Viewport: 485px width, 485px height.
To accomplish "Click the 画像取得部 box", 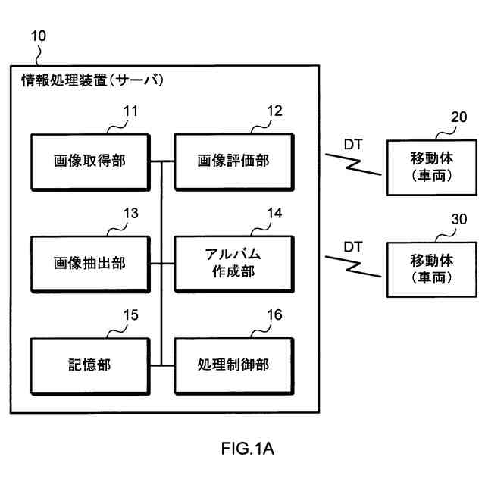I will point(89,161).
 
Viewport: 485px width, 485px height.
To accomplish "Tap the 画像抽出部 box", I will point(89,263).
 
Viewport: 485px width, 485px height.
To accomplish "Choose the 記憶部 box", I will point(89,365).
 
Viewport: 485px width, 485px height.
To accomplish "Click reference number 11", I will point(131,111).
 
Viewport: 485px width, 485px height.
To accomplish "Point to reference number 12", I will point(274,111).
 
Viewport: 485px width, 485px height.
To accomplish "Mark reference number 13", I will point(131,214).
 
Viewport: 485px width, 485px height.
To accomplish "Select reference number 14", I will point(274,214).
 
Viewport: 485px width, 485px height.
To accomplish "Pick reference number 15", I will point(131,315).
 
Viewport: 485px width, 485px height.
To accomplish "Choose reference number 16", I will point(274,315).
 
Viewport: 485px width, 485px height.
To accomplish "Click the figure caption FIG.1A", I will point(247,449).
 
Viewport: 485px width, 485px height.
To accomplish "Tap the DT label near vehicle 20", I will point(352,142).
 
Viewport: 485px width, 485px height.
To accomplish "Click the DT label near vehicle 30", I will point(352,246).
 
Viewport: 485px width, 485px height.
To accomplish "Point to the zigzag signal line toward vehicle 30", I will point(355,265).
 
